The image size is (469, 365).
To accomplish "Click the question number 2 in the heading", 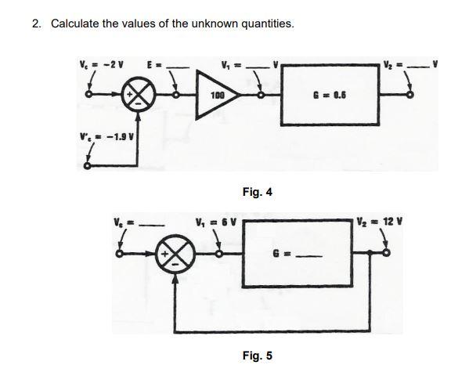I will tap(36, 23).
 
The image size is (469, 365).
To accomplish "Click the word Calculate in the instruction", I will tap(75, 23).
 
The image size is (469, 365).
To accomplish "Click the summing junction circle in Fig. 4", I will tap(139, 97).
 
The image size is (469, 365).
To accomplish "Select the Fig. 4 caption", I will tap(258, 190).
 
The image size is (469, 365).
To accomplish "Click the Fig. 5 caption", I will tap(258, 355).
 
